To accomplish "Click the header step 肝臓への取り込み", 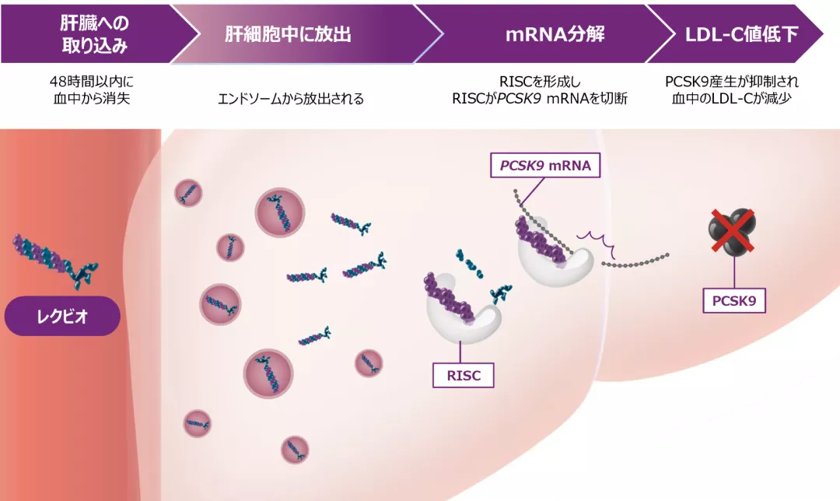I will tap(93, 33).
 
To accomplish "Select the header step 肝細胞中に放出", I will tap(289, 34).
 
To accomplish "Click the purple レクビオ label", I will tap(63, 317).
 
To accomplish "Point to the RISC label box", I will tap(464, 376).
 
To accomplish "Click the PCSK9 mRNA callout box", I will tap(544, 166).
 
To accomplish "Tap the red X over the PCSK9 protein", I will tap(731, 232).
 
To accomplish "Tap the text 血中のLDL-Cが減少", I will tap(732, 100).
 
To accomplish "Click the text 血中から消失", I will tap(93, 100).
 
